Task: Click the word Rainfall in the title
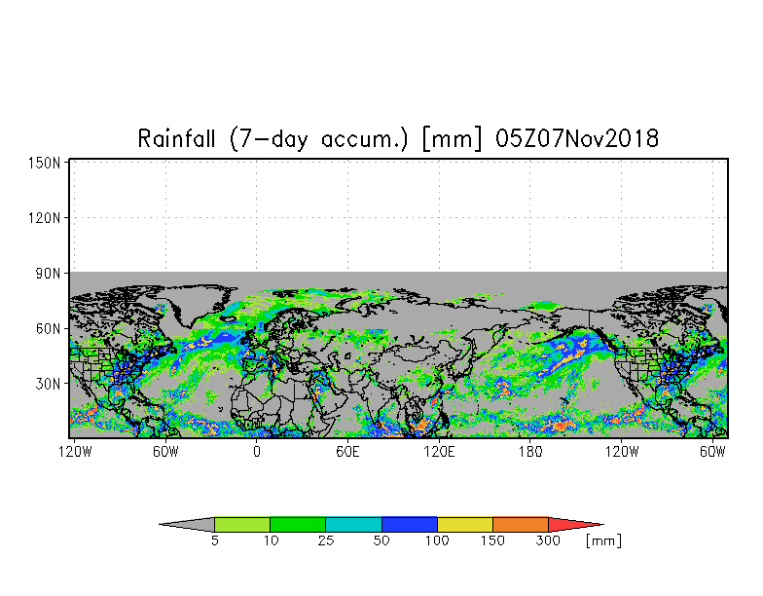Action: [x=176, y=138]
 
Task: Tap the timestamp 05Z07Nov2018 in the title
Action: [x=577, y=138]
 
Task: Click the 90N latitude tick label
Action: [x=48, y=273]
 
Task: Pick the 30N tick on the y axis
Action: [x=48, y=384]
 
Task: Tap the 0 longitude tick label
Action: [x=257, y=452]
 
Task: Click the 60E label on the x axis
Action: [x=347, y=452]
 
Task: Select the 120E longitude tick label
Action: [x=439, y=452]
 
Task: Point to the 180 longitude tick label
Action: [x=529, y=452]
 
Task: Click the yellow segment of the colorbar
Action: [x=465, y=524]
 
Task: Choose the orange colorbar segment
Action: [x=521, y=524]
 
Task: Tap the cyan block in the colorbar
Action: [x=354, y=524]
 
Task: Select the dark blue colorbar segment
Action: [x=410, y=524]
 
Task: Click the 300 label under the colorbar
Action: [x=549, y=540]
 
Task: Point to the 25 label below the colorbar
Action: [x=326, y=540]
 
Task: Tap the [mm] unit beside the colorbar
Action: [x=603, y=540]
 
